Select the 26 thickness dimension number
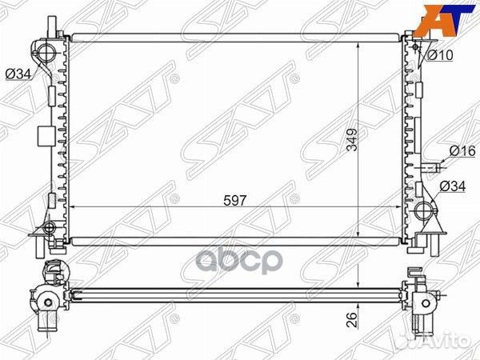point(350,321)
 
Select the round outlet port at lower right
point(423,213)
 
